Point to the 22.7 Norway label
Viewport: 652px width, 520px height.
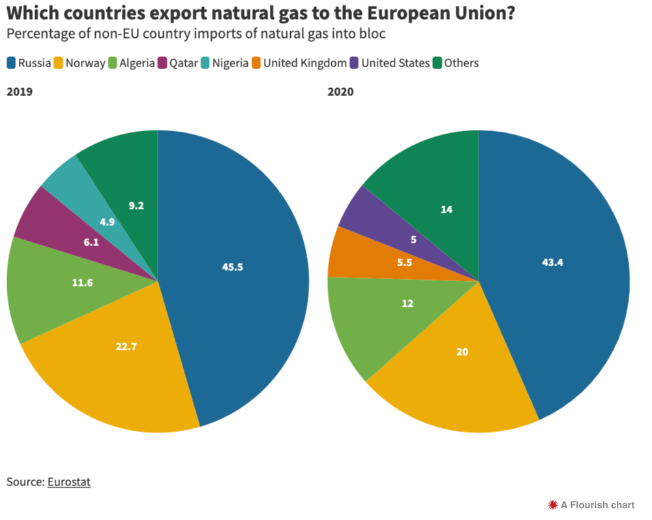pos(126,346)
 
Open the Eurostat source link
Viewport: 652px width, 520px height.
pos(69,482)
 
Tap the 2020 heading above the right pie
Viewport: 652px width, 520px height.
pos(340,92)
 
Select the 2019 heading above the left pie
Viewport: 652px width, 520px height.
pos(20,92)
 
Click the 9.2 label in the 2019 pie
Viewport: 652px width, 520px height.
pos(136,206)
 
